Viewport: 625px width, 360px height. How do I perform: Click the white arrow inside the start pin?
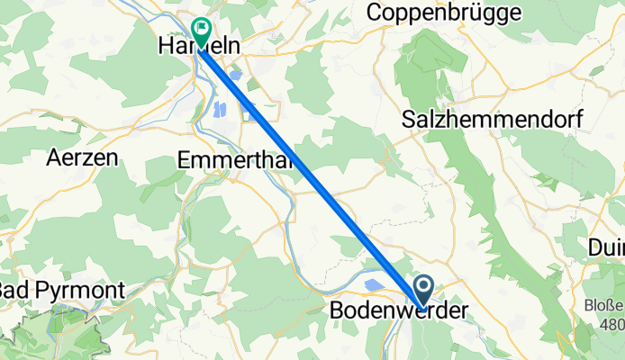(424, 287)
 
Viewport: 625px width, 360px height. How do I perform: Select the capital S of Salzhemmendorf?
(410, 119)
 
